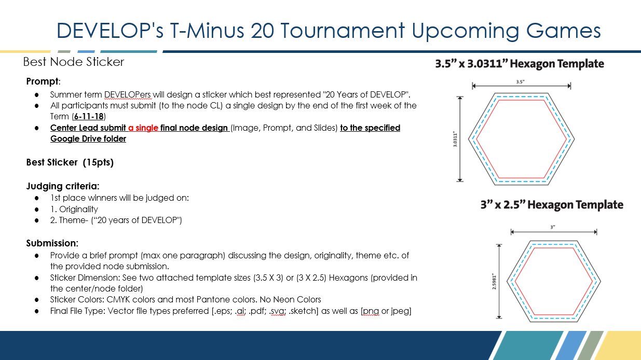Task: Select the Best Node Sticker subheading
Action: [x=74, y=62]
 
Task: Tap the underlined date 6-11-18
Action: [x=89, y=116]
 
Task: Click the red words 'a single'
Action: [x=143, y=128]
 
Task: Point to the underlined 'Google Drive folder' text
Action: [x=88, y=139]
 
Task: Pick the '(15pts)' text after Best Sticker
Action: [x=98, y=162]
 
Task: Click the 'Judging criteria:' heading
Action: [x=63, y=186]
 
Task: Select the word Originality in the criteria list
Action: [x=78, y=210]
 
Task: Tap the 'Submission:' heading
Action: [x=52, y=243]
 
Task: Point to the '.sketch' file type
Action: [x=303, y=311]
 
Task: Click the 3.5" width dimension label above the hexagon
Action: [x=520, y=82]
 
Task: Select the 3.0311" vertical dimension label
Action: [x=455, y=139]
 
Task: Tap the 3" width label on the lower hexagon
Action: [x=553, y=227]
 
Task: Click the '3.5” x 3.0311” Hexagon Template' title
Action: [x=520, y=63]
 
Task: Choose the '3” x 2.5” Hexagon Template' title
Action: [x=552, y=205]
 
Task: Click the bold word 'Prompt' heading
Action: [x=43, y=81]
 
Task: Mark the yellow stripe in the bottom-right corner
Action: [x=620, y=345]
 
